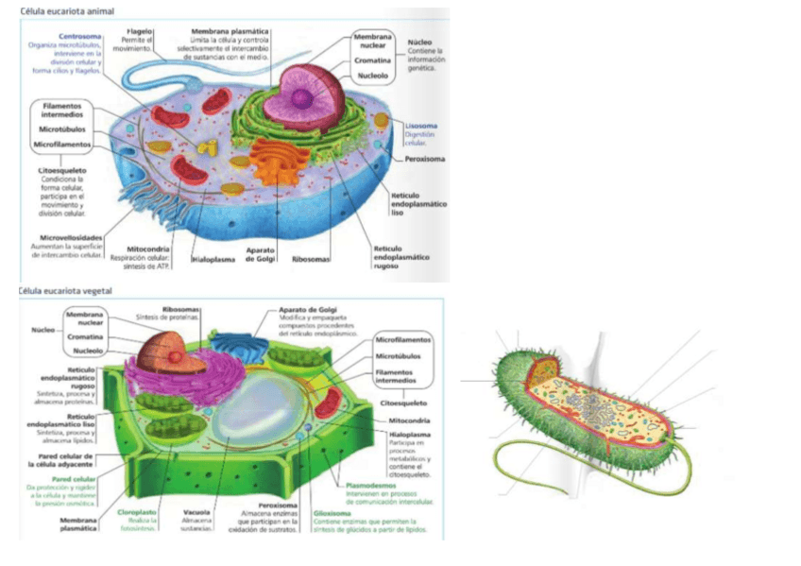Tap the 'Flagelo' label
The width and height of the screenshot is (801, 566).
click(x=140, y=31)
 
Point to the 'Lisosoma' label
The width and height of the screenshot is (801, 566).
click(x=420, y=126)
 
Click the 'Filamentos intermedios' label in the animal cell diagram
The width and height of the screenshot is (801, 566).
click(x=63, y=111)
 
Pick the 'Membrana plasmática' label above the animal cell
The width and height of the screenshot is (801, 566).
click(x=230, y=31)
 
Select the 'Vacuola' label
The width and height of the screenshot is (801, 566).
click(x=196, y=512)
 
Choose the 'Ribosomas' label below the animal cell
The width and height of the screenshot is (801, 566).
click(x=310, y=257)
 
